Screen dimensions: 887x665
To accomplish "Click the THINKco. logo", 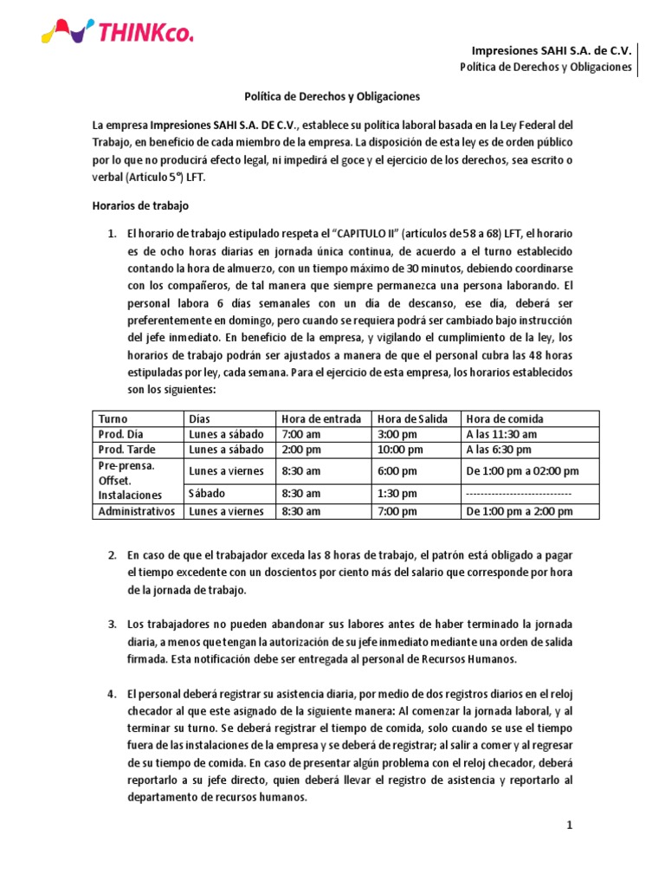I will point(118,33).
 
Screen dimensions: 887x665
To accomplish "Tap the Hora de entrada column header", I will point(321,418).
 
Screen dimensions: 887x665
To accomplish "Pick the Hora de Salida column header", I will point(413,418).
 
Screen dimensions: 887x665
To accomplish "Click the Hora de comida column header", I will point(506,418).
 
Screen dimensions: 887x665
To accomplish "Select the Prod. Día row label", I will point(120,434).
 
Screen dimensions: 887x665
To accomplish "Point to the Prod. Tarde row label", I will point(126,450).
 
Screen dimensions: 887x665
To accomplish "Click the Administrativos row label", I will point(137,511).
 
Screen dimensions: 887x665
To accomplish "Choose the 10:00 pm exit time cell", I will point(400,450).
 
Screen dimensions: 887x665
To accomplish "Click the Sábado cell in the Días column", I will point(207,492).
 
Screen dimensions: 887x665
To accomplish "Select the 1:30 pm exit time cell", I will point(397,492).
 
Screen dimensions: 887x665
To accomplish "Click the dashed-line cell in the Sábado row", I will point(519,492).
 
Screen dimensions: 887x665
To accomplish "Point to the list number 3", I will point(112,625).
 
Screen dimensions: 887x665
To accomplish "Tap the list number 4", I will point(112,694).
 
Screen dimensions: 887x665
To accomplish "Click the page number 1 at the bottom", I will point(570,826).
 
